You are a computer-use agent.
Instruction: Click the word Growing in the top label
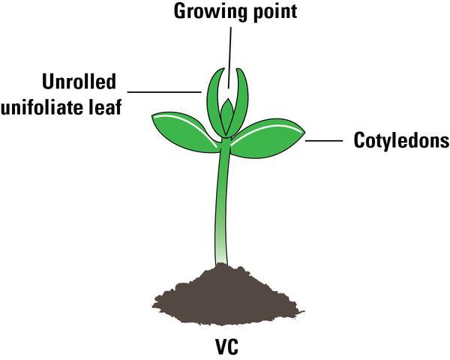[200, 13]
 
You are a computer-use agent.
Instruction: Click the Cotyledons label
[400, 141]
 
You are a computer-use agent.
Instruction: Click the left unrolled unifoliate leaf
[212, 97]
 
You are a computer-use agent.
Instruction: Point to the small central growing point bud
[228, 112]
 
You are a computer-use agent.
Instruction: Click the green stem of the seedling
[223, 202]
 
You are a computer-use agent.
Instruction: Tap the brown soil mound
[225, 292]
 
